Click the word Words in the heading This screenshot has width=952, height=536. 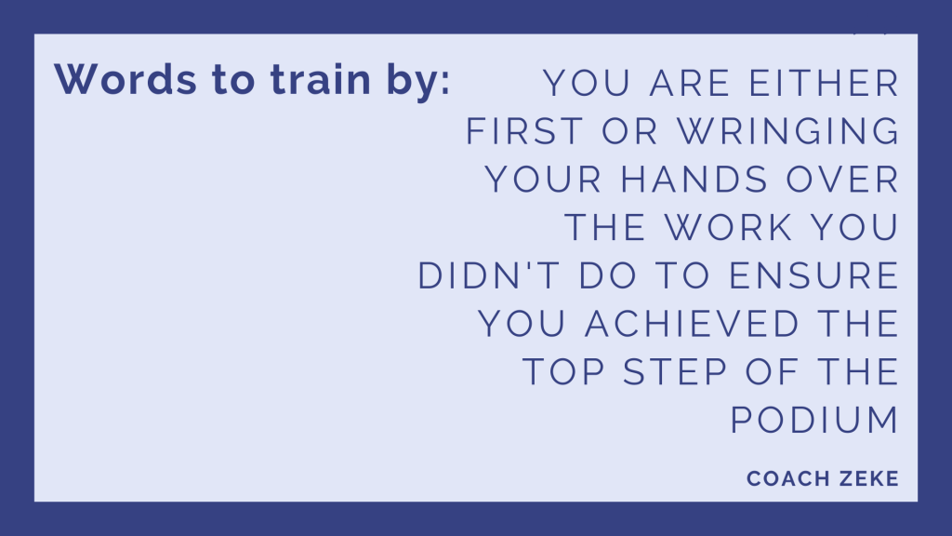[x=126, y=80]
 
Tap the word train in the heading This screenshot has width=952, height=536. [x=321, y=80]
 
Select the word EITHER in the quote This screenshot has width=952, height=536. [x=824, y=83]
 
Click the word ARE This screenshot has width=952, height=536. [x=690, y=83]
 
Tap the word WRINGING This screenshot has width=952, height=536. [x=788, y=131]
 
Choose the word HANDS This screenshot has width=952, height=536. [x=694, y=180]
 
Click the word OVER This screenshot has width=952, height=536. [x=842, y=180]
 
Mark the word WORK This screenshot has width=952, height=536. [x=729, y=227]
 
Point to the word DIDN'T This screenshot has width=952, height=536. [x=489, y=275]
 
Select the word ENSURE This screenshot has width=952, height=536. [x=814, y=275]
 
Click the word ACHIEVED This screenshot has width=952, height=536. [x=692, y=323]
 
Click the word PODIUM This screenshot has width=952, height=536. [x=814, y=420]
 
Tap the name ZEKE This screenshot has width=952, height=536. [x=869, y=479]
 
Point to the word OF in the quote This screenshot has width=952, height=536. [x=772, y=371]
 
